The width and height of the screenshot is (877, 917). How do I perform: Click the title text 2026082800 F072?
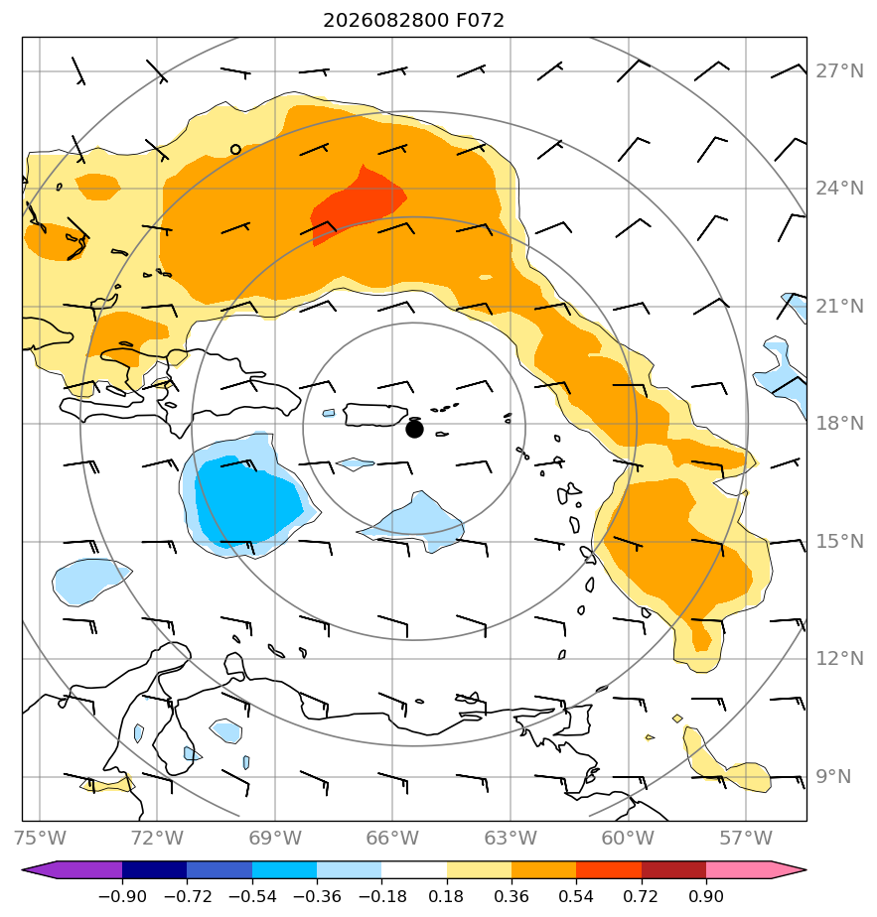pyautogui.click(x=413, y=21)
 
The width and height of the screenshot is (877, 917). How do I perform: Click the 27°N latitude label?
pyautogui.click(x=840, y=71)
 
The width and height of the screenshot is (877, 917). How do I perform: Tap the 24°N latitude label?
pyautogui.click(x=840, y=189)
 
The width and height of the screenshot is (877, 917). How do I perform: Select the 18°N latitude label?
pyautogui.click(x=840, y=424)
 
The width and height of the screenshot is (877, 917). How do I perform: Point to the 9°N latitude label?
pyautogui.click(x=834, y=777)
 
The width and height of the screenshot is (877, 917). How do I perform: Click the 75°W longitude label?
pyautogui.click(x=40, y=838)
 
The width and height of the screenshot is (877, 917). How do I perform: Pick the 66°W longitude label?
pyautogui.click(x=392, y=838)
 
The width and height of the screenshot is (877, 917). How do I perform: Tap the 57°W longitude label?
pyautogui.click(x=746, y=838)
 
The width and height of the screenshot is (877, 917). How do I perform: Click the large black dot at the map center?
pyautogui.click(x=414, y=430)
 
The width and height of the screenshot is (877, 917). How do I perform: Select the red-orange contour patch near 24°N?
pyautogui.click(x=358, y=203)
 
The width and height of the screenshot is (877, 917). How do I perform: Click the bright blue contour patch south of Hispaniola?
pyautogui.click(x=249, y=500)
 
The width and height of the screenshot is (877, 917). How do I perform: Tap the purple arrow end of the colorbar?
pyautogui.click(x=73, y=869)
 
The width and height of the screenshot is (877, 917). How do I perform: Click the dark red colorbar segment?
pyautogui.click(x=673, y=869)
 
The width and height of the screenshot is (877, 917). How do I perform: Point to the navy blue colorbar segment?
pyautogui.click(x=155, y=869)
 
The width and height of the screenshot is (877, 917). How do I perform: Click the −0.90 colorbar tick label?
pyautogui.click(x=122, y=896)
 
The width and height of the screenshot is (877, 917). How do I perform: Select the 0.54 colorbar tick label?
pyautogui.click(x=576, y=896)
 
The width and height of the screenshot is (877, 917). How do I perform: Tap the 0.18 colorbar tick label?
pyautogui.click(x=446, y=896)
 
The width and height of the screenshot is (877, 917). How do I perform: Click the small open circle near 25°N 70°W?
pyautogui.click(x=235, y=149)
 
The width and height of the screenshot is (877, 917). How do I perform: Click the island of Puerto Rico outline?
pyautogui.click(x=375, y=415)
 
